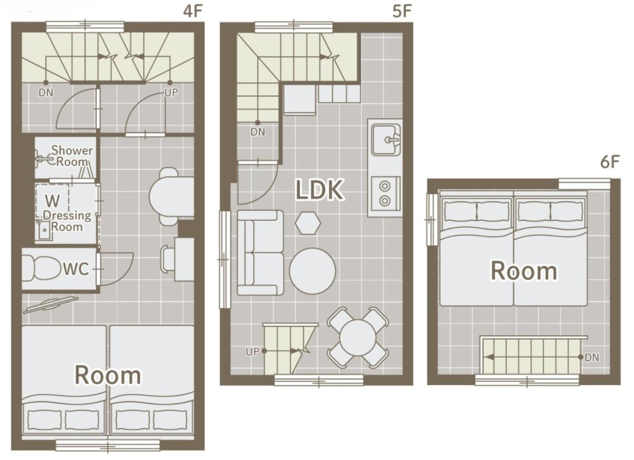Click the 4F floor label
[x=193, y=12]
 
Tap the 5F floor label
[x=402, y=12]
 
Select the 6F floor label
[x=610, y=162]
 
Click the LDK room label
[x=319, y=189]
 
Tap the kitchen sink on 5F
[x=386, y=140]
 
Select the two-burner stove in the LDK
[x=385, y=194]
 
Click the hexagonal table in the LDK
[x=307, y=223]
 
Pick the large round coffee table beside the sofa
[x=312, y=271]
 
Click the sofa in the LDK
[x=260, y=253]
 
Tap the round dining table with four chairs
[x=358, y=338]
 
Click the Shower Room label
[x=72, y=156]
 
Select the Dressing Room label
[x=67, y=221]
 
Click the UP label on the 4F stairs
[x=171, y=92]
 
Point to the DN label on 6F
[x=592, y=358]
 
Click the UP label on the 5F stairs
[x=252, y=352]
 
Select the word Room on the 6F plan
[x=524, y=271]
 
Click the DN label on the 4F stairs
[x=46, y=93]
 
